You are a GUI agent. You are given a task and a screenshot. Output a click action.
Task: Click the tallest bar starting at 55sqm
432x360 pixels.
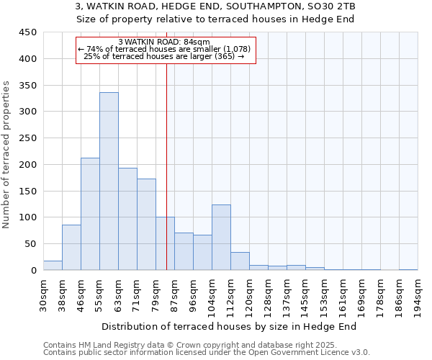(x=109, y=181)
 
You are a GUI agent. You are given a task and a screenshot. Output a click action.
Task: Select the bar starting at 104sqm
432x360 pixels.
(x=221, y=238)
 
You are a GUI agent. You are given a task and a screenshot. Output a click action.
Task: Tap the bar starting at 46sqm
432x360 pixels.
(x=90, y=214)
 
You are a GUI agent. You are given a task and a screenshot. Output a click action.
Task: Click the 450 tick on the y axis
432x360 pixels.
(x=28, y=32)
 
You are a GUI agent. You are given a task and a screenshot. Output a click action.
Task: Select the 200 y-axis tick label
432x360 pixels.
(x=28, y=165)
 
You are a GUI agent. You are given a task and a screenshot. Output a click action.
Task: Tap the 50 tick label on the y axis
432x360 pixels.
(x=31, y=244)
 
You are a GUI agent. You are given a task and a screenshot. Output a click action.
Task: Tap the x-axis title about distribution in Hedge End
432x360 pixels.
(x=229, y=326)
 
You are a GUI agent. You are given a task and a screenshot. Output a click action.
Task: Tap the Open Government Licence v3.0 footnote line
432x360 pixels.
(x=207, y=353)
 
